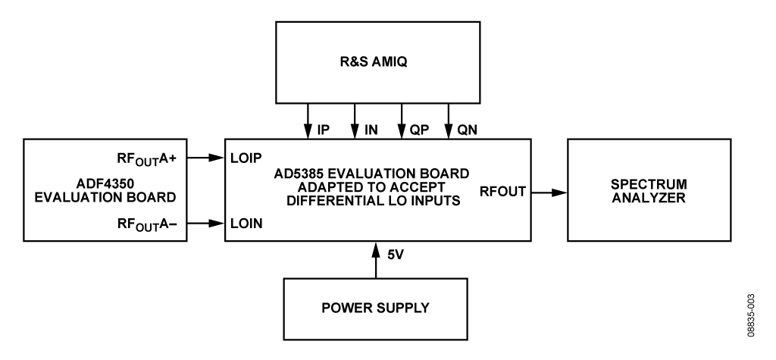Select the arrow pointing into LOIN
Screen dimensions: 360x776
pyautogui.click(x=206, y=224)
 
